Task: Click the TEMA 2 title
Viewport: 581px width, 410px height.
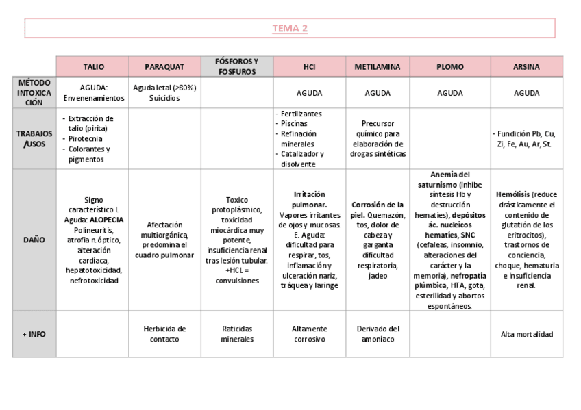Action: pos(290,28)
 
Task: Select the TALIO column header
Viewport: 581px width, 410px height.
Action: pos(93,67)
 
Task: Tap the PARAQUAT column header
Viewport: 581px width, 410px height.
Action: pos(164,67)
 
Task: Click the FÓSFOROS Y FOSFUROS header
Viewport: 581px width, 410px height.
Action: pos(237,66)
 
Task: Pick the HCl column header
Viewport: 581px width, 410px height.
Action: pos(309,67)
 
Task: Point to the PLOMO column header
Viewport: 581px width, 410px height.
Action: pos(449,67)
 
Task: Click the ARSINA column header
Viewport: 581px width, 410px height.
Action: pos(526,67)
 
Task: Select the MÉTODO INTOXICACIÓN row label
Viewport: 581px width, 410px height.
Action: pos(34,92)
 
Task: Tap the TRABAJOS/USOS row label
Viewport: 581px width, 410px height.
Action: pos(34,138)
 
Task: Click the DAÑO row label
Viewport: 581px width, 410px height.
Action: pos(34,240)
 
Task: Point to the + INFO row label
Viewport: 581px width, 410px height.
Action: pos(34,334)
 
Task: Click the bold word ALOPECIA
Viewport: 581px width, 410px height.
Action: pos(106,220)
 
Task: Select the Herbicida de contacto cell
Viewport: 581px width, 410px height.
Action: pos(164,334)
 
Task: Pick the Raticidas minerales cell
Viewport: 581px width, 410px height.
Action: pos(237,334)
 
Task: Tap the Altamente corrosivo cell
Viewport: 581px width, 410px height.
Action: pos(309,334)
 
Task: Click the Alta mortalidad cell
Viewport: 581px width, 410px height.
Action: pos(526,334)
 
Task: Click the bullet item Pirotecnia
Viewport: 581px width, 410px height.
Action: pos(86,138)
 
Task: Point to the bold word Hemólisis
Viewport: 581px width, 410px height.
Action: pos(512,194)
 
